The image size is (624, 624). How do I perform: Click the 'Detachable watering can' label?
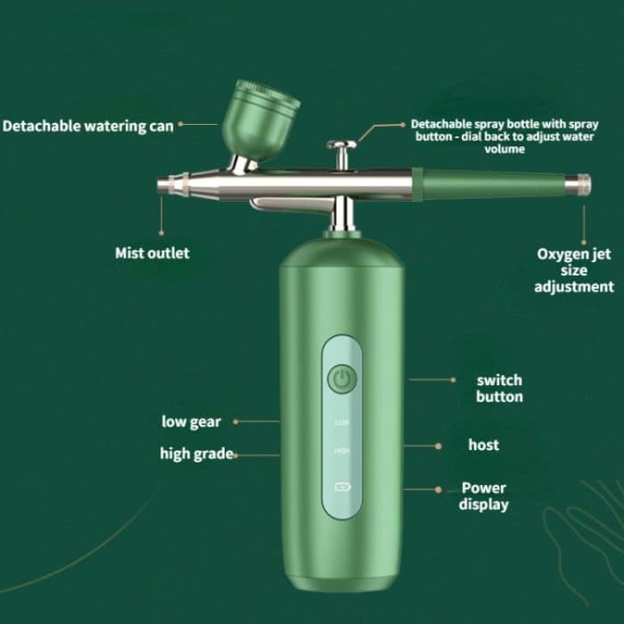pyautogui.click(x=87, y=126)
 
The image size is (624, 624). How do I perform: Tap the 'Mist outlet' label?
pyautogui.click(x=152, y=253)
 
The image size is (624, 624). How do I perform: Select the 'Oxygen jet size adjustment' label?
pyautogui.click(x=574, y=270)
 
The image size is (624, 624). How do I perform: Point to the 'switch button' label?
pyautogui.click(x=499, y=389)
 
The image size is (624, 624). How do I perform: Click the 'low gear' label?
pyautogui.click(x=191, y=422)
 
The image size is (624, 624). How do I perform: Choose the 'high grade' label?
pyautogui.click(x=197, y=454)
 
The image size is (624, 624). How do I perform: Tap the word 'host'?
pyautogui.click(x=483, y=444)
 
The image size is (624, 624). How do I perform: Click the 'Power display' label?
pyautogui.click(x=484, y=497)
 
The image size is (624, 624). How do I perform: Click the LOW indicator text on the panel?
pyautogui.click(x=341, y=423)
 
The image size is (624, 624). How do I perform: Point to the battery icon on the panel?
pyautogui.click(x=341, y=488)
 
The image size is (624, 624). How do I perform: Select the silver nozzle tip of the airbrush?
pyautogui.click(x=169, y=185)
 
